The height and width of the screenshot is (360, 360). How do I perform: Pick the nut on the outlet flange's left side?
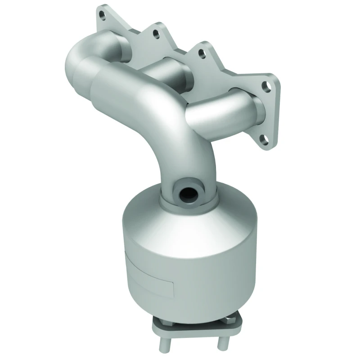tap(160, 323)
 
